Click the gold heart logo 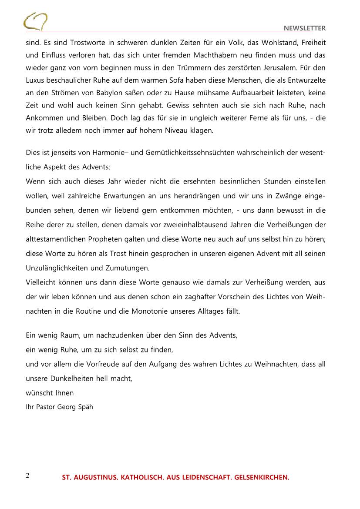[36, 21]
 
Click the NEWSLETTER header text [305, 28]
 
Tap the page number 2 [28, 475]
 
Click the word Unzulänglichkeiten [62, 268]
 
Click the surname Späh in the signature [85, 408]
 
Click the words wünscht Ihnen [50, 393]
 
